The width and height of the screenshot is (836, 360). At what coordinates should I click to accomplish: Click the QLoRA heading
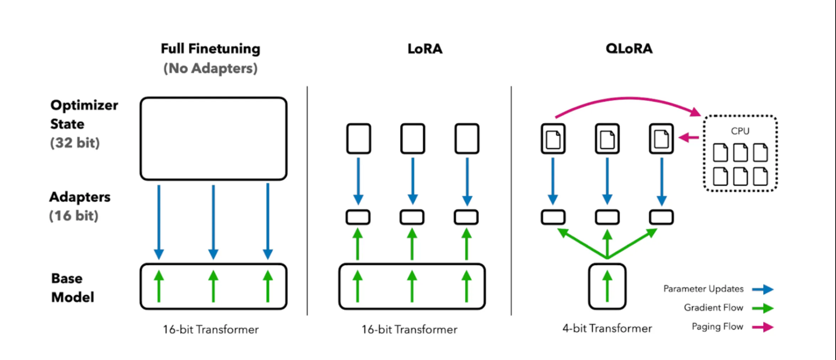629,48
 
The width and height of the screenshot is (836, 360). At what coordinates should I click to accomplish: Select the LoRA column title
425,49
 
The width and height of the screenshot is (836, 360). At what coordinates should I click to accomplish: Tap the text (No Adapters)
210,68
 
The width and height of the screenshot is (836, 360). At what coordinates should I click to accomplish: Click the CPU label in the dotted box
740,131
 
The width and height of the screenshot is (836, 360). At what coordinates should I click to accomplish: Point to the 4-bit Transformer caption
607,328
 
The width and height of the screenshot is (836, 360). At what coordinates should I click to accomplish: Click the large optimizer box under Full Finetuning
213,138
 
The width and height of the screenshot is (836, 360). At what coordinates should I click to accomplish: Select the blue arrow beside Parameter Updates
763,289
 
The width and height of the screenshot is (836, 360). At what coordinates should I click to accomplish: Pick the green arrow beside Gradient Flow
763,308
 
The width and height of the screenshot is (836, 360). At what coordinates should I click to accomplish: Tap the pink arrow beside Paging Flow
763,327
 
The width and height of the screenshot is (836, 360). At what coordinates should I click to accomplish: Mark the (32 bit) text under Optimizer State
75,143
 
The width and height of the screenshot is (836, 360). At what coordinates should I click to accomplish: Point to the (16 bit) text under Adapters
74,216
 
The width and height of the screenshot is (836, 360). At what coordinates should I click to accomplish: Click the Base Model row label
72,288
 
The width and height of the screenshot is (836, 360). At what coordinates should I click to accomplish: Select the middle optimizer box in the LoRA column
412,138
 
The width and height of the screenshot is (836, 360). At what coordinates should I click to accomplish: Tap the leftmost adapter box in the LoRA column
358,217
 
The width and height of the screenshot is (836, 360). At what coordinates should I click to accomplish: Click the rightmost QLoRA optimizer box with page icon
661,138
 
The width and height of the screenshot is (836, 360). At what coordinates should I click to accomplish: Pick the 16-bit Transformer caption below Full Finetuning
211,330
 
